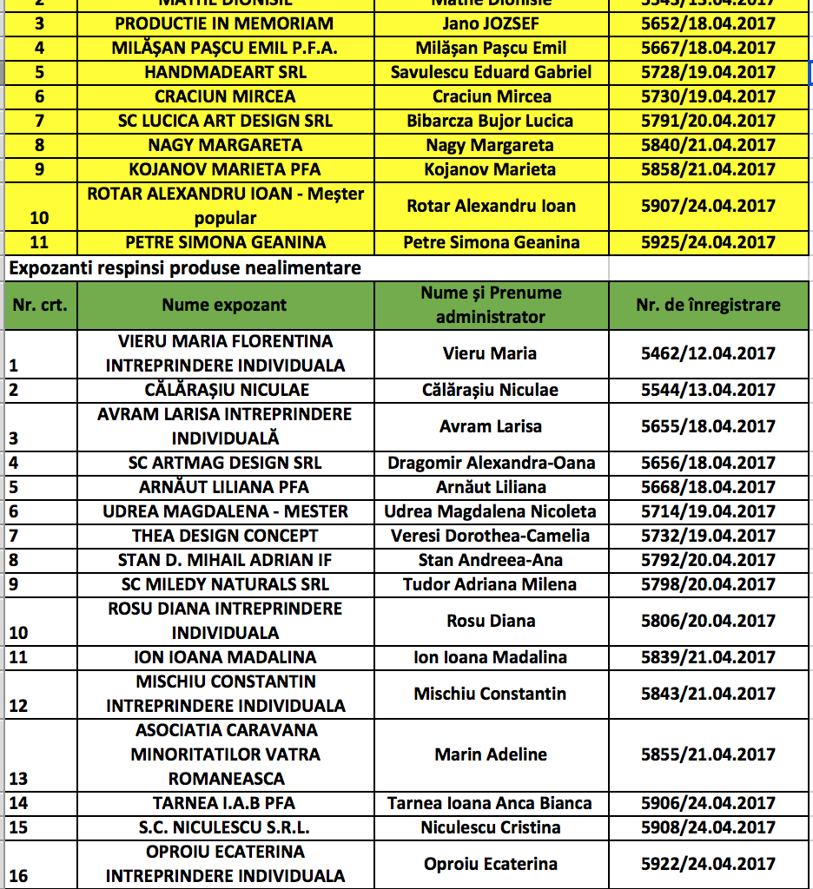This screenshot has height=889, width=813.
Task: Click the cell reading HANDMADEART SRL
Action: click(225, 72)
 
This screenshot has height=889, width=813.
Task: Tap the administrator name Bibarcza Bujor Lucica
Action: click(491, 121)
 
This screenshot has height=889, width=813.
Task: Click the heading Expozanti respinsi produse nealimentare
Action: click(184, 268)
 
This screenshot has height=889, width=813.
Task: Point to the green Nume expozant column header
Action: click(224, 305)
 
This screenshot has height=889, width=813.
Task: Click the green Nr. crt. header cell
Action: click(40, 305)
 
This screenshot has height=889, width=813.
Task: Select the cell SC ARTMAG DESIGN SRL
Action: click(225, 463)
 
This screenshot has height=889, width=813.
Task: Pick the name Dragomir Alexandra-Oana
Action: click(491, 463)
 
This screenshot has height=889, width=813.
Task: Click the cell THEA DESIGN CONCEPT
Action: click(225, 536)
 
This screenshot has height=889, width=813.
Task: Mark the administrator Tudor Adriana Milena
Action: click(491, 584)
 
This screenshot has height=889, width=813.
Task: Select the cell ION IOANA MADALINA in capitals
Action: click(225, 657)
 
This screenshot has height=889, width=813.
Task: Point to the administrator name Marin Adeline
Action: click(491, 754)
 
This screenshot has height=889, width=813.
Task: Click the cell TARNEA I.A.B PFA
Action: click(225, 803)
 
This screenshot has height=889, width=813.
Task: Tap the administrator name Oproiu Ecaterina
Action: click(491, 864)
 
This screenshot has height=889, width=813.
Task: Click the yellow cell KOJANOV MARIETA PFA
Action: click(225, 169)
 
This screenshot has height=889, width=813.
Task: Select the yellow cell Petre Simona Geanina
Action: click(491, 242)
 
